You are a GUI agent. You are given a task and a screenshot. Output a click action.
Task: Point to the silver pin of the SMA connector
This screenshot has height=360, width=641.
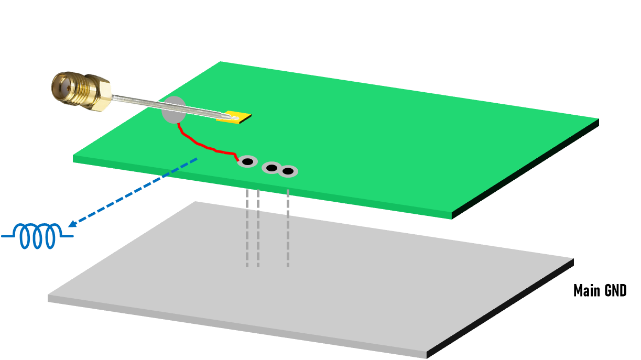coord(157,105)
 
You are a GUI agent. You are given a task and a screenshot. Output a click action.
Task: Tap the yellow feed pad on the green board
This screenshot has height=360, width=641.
coord(234,117)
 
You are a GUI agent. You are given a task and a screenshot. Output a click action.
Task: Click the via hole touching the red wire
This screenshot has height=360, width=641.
coord(247,162)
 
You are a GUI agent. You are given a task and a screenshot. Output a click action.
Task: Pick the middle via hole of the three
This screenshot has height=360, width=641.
coord(271,168)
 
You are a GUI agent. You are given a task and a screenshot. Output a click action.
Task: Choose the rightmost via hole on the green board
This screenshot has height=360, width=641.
coord(288,171)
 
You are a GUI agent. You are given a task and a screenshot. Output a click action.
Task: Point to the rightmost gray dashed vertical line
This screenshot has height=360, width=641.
coord(288,228)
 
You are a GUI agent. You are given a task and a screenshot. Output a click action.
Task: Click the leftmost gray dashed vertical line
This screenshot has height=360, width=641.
coord(247,228)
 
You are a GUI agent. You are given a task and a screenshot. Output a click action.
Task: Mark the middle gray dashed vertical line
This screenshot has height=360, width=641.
coord(258,228)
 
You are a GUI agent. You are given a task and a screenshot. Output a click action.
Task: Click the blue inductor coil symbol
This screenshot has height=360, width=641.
coord(38,236)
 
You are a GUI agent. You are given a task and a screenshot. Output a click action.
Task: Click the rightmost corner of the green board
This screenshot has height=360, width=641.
coord(597,119)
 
